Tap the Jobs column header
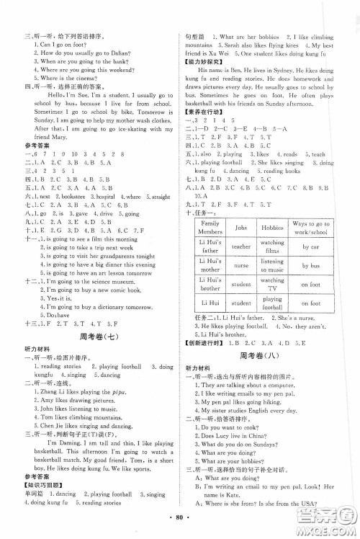pyautogui.click(x=241, y=226)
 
